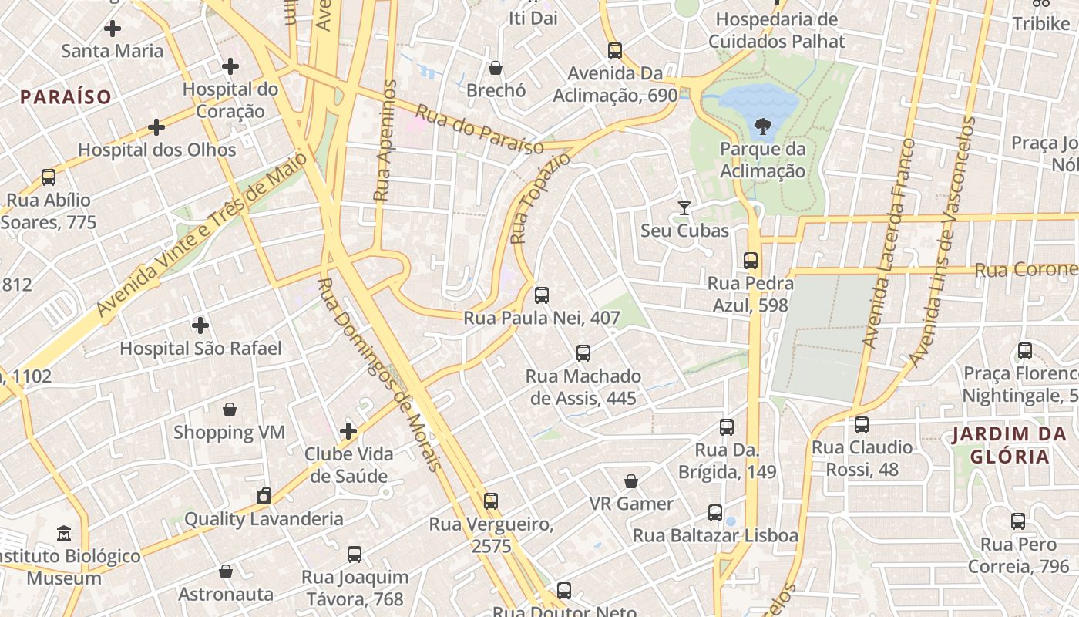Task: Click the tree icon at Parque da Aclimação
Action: (762, 125)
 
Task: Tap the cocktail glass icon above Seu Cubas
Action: (684, 207)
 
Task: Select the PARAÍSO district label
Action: (66, 97)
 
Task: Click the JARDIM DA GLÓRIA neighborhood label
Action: (1009, 444)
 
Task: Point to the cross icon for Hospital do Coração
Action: (230, 66)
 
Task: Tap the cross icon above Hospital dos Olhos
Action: (156, 126)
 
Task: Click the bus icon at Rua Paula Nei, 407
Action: (542, 295)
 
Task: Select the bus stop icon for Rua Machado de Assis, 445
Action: (583, 353)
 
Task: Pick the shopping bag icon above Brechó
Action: (496, 68)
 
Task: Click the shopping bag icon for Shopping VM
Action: (229, 409)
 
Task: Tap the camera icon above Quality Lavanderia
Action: (264, 496)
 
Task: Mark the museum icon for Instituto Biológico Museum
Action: (64, 533)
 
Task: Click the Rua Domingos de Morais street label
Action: (380, 375)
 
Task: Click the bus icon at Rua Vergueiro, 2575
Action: (491, 501)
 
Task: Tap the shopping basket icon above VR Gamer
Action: (631, 481)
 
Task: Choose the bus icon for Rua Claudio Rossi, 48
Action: (862, 425)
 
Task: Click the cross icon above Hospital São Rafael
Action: (200, 325)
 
